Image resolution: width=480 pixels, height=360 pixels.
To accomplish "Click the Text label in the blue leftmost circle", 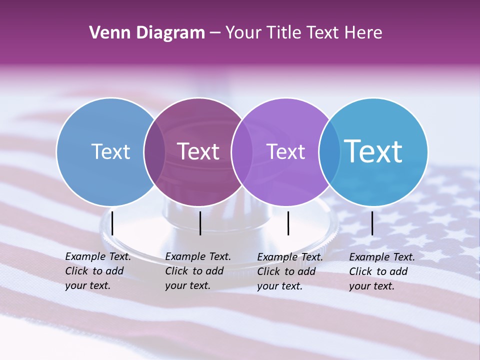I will pos(110,151).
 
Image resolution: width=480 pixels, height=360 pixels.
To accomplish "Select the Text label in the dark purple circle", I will pos(198,151).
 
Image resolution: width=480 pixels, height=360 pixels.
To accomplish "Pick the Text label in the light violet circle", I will pos(285,151).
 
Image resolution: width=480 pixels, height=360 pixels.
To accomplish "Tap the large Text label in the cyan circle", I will pos(373,151).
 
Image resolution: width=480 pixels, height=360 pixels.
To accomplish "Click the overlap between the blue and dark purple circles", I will pos(154,151).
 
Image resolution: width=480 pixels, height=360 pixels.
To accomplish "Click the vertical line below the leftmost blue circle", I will pos(112,223).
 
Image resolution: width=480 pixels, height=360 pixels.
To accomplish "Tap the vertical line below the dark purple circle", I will pos(200,223).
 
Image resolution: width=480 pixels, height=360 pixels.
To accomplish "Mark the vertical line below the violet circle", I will pos(288,223).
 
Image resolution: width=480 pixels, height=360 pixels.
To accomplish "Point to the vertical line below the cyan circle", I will pos(372,223).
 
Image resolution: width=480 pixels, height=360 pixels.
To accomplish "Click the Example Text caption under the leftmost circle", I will pos(98,271).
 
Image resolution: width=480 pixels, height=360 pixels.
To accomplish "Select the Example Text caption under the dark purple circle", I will pos(198,271).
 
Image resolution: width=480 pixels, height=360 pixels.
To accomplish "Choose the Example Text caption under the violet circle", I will pos(290,271).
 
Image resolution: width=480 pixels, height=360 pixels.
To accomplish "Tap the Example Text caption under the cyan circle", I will pos(382,271).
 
